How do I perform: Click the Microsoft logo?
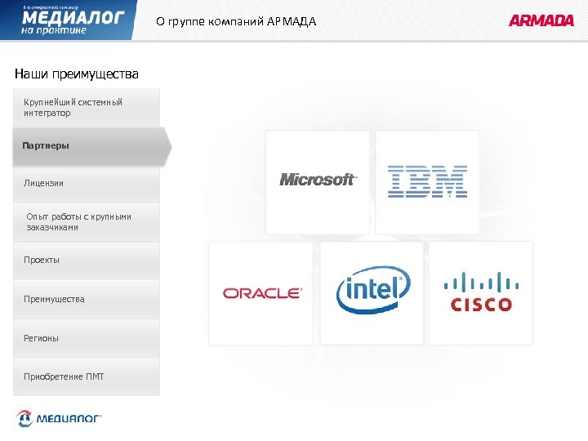[318, 180]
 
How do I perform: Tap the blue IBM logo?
[427, 181]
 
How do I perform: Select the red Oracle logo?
[262, 293]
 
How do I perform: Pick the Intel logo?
[373, 291]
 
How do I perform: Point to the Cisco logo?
[481, 292]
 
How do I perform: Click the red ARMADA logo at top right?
[541, 20]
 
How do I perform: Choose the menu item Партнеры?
[47, 145]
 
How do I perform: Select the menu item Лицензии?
[43, 184]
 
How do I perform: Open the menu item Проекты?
[42, 260]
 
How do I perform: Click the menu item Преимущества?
[54, 299]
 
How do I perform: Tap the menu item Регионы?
[41, 338]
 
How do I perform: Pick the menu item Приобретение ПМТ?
[64, 376]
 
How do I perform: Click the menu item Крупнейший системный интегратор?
[73, 107]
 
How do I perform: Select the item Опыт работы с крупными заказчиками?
[78, 221]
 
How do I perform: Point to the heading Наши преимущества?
[77, 74]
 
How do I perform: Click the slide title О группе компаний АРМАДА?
[236, 21]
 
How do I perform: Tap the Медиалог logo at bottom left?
[60, 419]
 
